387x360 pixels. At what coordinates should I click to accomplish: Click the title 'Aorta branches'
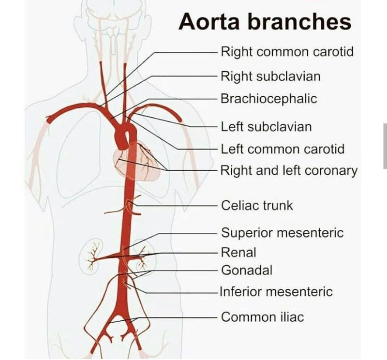click(x=265, y=22)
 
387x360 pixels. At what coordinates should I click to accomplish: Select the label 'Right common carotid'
click(x=287, y=51)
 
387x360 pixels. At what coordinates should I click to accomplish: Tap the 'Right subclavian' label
click(x=270, y=76)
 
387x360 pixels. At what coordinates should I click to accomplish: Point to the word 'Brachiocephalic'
click(x=268, y=99)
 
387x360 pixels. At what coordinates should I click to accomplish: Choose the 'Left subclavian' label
click(x=266, y=127)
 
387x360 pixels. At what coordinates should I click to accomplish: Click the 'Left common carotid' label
click(x=283, y=149)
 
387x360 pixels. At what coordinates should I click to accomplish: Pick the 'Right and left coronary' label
click(x=289, y=170)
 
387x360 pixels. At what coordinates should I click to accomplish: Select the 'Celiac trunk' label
click(x=257, y=205)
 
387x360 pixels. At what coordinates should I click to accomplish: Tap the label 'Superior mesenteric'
click(x=282, y=233)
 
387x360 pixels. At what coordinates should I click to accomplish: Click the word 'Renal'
click(x=238, y=252)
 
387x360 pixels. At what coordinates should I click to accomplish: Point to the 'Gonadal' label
click(x=247, y=270)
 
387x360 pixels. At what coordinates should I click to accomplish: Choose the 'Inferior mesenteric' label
click(x=276, y=292)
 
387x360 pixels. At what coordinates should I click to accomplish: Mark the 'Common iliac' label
click(x=262, y=317)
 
